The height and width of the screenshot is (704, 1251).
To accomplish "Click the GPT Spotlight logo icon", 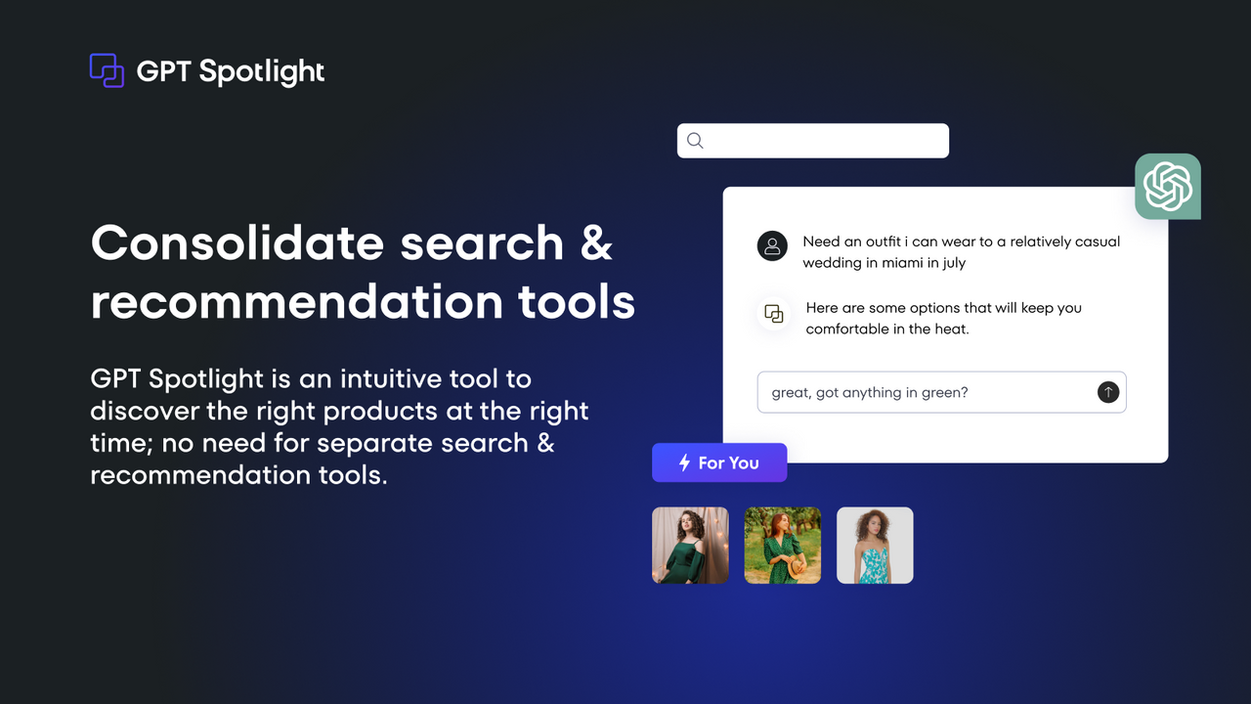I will (107, 70).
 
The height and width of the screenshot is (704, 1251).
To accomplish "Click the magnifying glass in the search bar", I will (695, 141).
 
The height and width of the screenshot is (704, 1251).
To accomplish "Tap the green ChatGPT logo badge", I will (1168, 186).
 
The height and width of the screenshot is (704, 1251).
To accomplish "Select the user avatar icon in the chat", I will (772, 246).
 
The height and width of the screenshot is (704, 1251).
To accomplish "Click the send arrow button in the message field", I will (1107, 392).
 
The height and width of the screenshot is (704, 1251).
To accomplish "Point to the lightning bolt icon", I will (684, 462).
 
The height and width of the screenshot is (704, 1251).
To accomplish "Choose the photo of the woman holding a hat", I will (783, 546).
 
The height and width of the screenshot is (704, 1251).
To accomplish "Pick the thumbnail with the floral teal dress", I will (875, 546).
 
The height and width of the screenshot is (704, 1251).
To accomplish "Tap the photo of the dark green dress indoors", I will (690, 546).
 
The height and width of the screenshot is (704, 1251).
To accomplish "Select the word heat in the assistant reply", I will (951, 330).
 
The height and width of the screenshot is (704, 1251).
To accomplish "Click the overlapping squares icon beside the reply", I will (774, 314).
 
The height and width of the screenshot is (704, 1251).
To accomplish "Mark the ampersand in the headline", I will (596, 242).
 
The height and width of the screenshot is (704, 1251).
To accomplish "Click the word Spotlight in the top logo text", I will (262, 71).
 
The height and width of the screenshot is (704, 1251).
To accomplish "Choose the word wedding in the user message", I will (833, 263).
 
